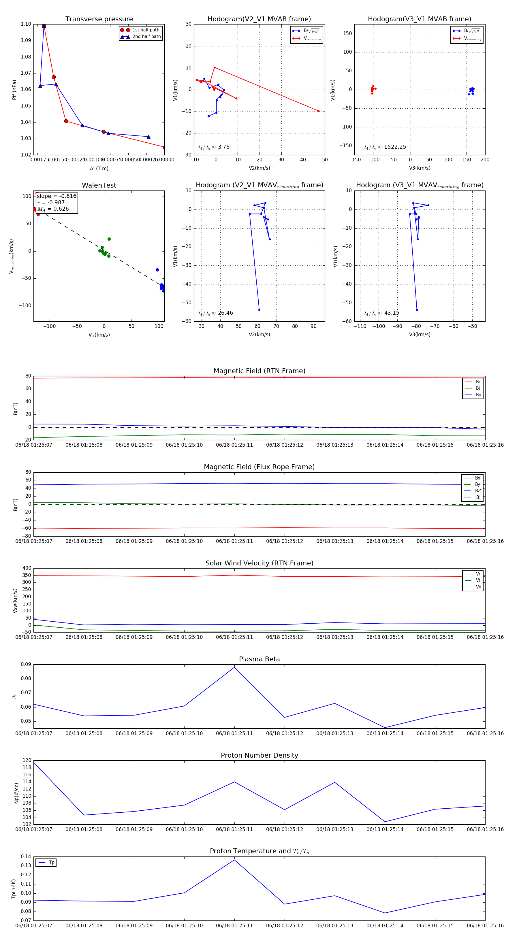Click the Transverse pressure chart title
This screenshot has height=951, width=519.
(99, 19)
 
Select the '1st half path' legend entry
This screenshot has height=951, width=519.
(146, 30)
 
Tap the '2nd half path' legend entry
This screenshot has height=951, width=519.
(146, 37)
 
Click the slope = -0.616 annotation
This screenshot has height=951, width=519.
(57, 196)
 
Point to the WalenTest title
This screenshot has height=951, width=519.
(99, 185)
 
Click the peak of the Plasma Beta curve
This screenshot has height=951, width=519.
(234, 667)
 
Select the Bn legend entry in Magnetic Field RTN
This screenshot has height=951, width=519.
(478, 395)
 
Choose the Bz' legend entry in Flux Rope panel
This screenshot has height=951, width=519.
(478, 491)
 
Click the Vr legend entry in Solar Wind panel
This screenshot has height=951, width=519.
(478, 574)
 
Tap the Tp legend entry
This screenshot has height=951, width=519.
(52, 863)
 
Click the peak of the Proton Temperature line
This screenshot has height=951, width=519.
(234, 860)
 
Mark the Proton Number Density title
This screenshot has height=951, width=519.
(259, 755)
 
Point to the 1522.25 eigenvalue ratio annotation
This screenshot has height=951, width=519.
(394, 147)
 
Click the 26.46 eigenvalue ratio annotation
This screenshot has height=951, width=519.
(225, 313)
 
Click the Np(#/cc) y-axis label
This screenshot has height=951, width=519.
(16, 793)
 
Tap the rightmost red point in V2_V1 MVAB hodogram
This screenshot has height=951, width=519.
(318, 111)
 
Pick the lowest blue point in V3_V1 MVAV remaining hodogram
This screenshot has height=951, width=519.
(417, 310)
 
